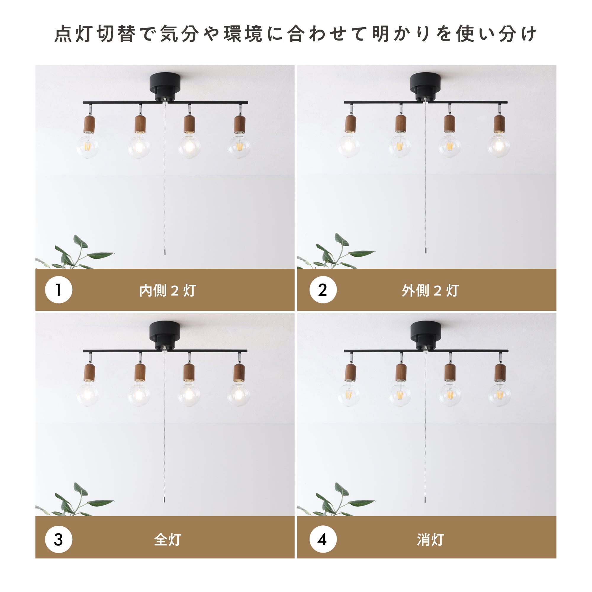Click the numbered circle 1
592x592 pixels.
click(59, 289)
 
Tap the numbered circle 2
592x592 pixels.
click(323, 289)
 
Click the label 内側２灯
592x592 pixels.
click(168, 290)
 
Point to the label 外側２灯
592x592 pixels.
click(430, 290)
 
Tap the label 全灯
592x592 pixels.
click(168, 540)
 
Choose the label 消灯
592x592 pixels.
click(430, 540)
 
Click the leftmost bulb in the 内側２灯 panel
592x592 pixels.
click(88, 146)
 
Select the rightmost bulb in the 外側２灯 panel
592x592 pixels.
click(499, 146)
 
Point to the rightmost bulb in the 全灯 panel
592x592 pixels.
click(239, 394)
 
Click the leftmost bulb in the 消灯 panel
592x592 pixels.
click(349, 394)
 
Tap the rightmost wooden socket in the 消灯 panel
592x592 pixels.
click(500, 372)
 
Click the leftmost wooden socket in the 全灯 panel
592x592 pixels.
click(89, 372)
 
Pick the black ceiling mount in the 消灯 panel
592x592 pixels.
click(426, 336)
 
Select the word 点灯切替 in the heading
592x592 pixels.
click(95, 34)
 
